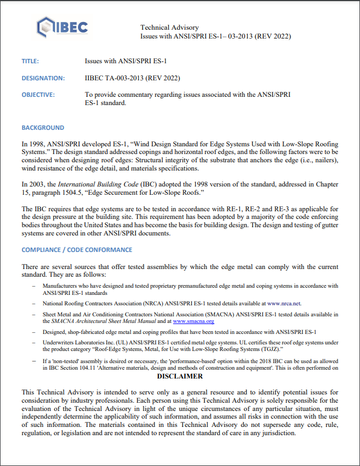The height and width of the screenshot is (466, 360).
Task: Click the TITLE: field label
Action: click(30, 61)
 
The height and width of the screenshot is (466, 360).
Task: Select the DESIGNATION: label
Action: click(43, 78)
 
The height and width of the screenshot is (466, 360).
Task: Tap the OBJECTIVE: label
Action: click(38, 95)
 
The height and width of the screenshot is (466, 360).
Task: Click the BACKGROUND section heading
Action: click(43, 128)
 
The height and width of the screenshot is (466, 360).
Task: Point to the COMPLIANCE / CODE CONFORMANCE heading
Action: click(76, 250)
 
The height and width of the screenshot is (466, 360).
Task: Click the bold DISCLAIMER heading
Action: click(180, 377)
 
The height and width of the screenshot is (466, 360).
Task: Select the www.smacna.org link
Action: click(193, 321)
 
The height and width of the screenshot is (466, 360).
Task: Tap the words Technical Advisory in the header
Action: click(169, 28)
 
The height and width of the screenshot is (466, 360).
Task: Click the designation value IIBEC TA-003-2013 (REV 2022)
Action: click(132, 78)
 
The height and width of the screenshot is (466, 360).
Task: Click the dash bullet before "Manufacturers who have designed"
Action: click(35, 286)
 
